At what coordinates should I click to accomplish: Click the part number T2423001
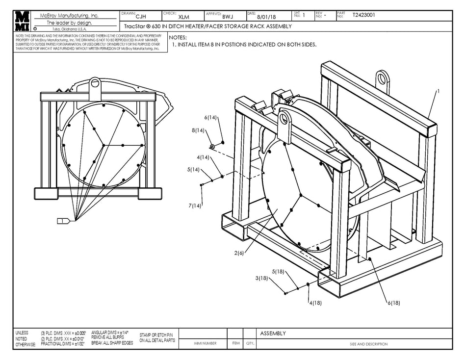[364, 15]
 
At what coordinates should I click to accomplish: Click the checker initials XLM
[183, 16]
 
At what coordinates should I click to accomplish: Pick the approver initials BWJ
[227, 16]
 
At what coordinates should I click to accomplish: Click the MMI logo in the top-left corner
[22, 21]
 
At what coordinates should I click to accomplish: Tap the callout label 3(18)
[262, 278]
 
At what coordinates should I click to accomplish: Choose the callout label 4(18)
[315, 303]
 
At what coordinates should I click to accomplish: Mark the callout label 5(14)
[193, 170]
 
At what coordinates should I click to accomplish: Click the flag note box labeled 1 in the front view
[63, 221]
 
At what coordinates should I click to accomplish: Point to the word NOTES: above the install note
[178, 37]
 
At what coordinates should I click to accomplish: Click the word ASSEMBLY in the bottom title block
[273, 334]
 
